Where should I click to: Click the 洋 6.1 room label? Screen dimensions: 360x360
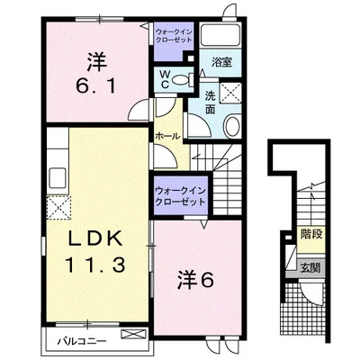[96, 74]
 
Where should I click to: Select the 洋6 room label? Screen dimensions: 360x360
[195, 280]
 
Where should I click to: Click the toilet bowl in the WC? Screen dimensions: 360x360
[181, 80]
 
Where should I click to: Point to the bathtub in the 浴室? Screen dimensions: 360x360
[220, 35]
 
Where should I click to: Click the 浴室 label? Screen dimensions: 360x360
[221, 62]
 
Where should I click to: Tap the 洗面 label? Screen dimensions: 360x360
[210, 102]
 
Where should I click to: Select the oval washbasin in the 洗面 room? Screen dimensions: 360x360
[232, 126]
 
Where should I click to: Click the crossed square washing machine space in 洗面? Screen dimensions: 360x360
[230, 93]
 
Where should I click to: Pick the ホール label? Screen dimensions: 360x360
[167, 136]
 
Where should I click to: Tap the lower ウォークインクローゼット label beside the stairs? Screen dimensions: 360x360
[180, 195]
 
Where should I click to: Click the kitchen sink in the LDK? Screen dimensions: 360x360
[58, 177]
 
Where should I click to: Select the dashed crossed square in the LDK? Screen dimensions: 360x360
[58, 208]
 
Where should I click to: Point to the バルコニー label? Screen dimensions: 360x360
[82, 342]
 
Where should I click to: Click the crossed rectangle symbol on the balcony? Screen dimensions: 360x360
[133, 335]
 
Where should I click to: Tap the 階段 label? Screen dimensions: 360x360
[311, 234]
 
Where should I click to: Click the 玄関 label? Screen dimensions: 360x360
[311, 267]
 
